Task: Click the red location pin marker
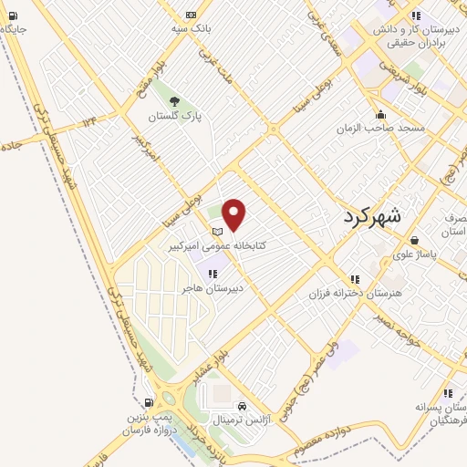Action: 234,214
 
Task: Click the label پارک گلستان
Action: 174,118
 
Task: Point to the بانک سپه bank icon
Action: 190,15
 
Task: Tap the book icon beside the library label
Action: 217,231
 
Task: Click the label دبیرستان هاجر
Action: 212,288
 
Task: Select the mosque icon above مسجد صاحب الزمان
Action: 381,115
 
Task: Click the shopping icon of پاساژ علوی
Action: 415,240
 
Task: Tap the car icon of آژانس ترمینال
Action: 242,406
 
